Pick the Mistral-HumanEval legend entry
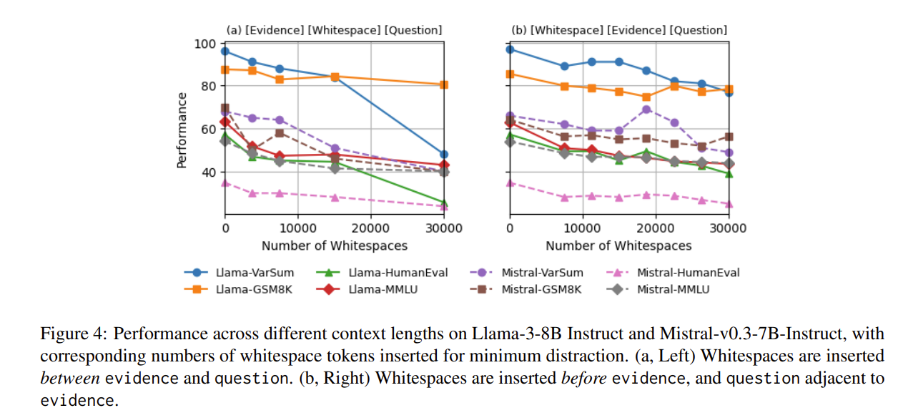coord(687,273)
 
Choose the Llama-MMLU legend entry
coord(383,290)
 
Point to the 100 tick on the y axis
coord(205,44)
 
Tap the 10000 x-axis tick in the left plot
coord(298,228)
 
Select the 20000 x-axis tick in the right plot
coord(656,228)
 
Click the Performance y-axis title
coord(182,130)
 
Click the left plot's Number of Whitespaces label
coord(335,246)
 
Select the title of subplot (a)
coord(335,30)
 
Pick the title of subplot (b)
coord(619,30)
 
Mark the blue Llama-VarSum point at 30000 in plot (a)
coord(444,155)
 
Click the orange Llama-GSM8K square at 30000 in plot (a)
coord(444,84)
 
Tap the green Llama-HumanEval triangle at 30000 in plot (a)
coord(444,203)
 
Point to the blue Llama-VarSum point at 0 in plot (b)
coord(510,49)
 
